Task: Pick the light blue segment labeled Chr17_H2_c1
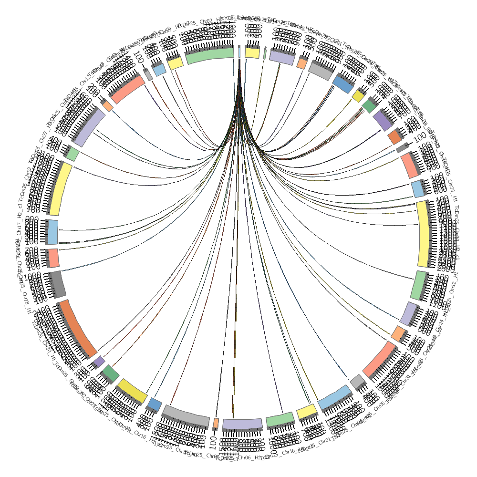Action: pyautogui.click(x=53, y=232)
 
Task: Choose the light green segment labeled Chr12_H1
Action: pyautogui.click(x=418, y=285)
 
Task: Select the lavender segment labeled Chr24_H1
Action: pyautogui.click(x=410, y=313)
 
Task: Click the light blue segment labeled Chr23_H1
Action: pyautogui.click(x=418, y=189)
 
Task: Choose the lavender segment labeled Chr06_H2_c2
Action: pyautogui.click(x=242, y=424)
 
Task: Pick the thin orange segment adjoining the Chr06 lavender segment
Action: pyautogui.click(x=216, y=423)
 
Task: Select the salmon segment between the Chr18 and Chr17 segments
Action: pyautogui.click(x=52, y=258)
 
